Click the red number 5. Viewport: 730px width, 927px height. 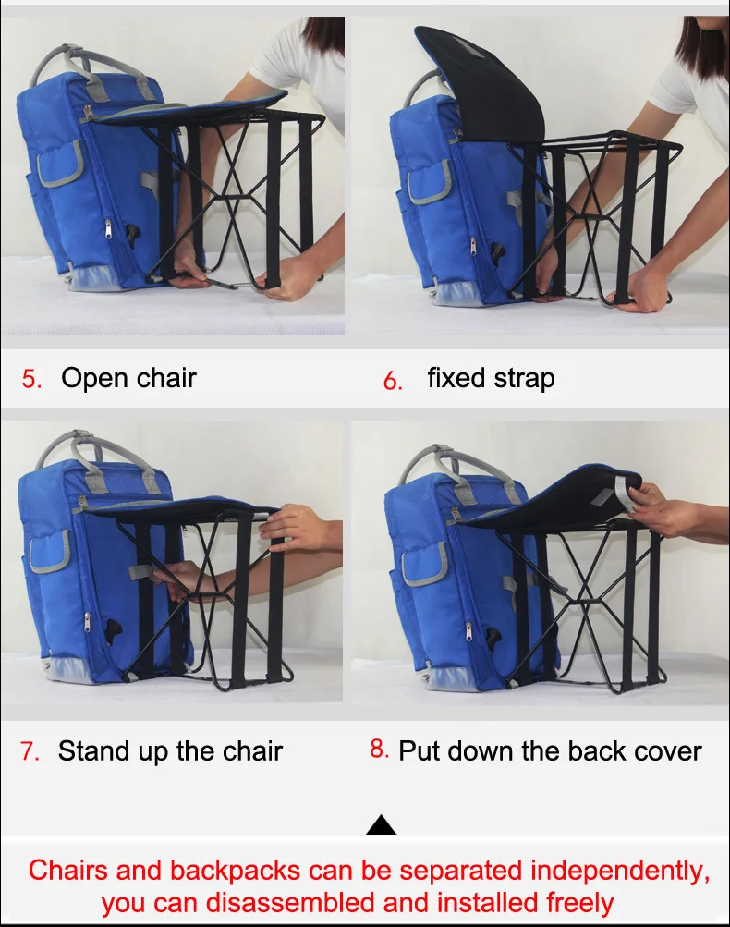31,378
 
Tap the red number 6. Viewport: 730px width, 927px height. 393,380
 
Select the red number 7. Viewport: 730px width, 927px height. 30,750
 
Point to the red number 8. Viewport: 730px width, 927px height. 379,749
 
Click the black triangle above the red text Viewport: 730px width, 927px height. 382,824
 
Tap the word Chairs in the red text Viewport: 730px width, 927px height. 68,871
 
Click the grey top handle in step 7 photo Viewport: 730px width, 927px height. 89,456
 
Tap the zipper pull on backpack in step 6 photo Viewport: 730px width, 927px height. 473,247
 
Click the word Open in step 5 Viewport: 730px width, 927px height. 92,378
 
